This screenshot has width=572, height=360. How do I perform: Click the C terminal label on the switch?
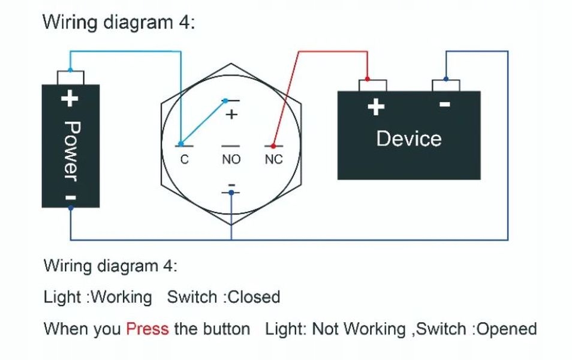[x=185, y=160]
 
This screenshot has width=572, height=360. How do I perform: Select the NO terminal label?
[x=231, y=160]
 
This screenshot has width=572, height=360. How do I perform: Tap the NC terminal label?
[x=273, y=160]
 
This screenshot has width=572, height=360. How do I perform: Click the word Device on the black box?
[x=408, y=139]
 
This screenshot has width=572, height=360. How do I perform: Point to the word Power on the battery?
[x=71, y=151]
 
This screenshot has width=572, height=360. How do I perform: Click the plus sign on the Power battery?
[x=71, y=97]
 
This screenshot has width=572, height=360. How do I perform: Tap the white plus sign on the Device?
[x=375, y=107]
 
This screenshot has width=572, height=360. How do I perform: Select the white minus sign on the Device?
[x=445, y=104]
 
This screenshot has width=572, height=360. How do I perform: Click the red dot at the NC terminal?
[x=273, y=146]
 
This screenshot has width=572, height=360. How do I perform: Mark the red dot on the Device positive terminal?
[x=367, y=79]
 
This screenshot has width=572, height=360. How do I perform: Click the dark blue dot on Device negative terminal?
[x=445, y=79]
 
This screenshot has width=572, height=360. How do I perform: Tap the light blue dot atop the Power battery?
[x=71, y=71]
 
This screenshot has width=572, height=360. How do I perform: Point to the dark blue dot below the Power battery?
[x=71, y=208]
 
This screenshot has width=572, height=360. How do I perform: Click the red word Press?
[x=147, y=329]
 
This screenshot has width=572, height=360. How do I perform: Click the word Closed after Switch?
[x=254, y=297]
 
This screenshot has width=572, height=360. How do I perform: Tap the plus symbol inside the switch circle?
[x=232, y=115]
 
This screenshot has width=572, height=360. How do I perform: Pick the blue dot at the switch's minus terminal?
[x=231, y=193]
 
